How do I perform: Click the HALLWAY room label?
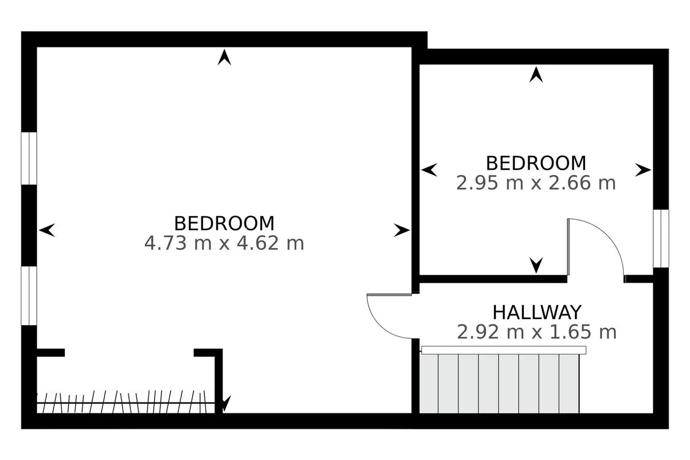pyautogui.click(x=537, y=312)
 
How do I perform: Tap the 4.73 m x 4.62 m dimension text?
pyautogui.click(x=224, y=243)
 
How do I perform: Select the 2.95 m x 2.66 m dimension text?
pyautogui.click(x=536, y=183)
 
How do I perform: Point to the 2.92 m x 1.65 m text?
pyautogui.click(x=536, y=332)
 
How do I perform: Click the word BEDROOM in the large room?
pyautogui.click(x=224, y=224)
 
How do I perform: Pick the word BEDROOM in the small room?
pyautogui.click(x=536, y=163)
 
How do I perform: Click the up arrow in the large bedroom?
pyautogui.click(x=224, y=57)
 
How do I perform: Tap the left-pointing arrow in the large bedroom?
pyautogui.click(x=47, y=230)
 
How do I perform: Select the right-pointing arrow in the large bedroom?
pyautogui.click(x=402, y=230)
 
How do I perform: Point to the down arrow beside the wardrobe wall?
pyautogui.click(x=225, y=403)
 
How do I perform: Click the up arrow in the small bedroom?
pyautogui.click(x=536, y=75)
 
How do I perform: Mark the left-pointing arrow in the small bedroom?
pyautogui.click(x=429, y=170)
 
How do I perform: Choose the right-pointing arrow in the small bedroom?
pyautogui.click(x=643, y=170)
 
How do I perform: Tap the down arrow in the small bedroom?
pyautogui.click(x=536, y=265)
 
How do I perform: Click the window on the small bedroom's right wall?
pyautogui.click(x=661, y=238)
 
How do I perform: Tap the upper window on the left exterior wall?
pyautogui.click(x=29, y=159)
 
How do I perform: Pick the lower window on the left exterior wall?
pyautogui.click(x=29, y=296)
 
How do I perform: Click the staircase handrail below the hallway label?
pyautogui.click(x=504, y=350)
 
